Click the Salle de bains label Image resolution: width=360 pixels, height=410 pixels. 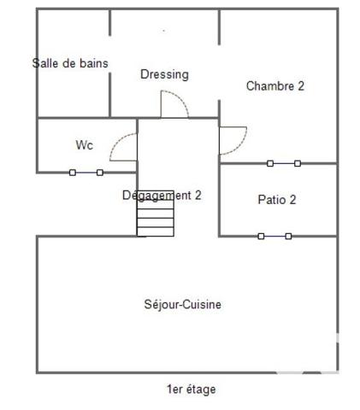point(70,63)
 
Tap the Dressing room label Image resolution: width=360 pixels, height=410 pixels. point(164,74)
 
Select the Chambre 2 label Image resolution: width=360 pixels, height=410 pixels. point(275,85)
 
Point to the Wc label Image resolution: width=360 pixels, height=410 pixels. point(84,145)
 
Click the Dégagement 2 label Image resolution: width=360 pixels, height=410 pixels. point(162,195)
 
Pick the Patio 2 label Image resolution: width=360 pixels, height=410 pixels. point(277,200)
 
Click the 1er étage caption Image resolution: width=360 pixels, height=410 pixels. point(192,389)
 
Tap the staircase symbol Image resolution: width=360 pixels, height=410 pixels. point(155,214)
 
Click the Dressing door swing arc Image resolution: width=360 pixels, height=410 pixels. point(176,104)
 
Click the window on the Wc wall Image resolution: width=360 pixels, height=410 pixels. point(86,173)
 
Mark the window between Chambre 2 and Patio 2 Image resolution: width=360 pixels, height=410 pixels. point(283,163)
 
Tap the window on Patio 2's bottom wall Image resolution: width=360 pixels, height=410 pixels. point(274,236)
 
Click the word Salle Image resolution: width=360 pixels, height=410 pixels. point(46,63)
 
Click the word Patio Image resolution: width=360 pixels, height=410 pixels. point(271,200)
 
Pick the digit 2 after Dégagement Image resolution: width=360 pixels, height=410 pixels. point(198,195)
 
